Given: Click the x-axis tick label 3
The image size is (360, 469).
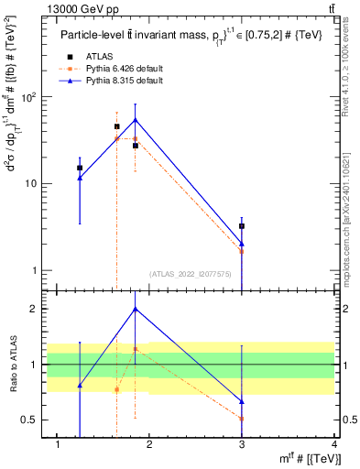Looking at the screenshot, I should pyautogui.click(x=242, y=444).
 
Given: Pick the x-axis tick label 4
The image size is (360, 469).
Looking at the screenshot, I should pyautogui.click(x=334, y=444).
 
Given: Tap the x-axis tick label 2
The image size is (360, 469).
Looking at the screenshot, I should pyautogui.click(x=150, y=444).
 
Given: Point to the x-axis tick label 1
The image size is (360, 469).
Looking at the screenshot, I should pyautogui.click(x=58, y=444).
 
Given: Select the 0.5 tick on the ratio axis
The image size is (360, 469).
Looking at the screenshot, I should pyautogui.click(x=30, y=420).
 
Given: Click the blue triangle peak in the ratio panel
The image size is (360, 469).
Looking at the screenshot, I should pyautogui.click(x=136, y=309).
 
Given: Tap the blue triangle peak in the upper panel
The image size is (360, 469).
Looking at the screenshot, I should pyautogui.click(x=136, y=119).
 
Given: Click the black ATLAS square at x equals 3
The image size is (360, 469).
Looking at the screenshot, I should pyautogui.click(x=242, y=225).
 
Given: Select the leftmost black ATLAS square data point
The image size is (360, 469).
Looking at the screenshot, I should pyautogui.click(x=80, y=168).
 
